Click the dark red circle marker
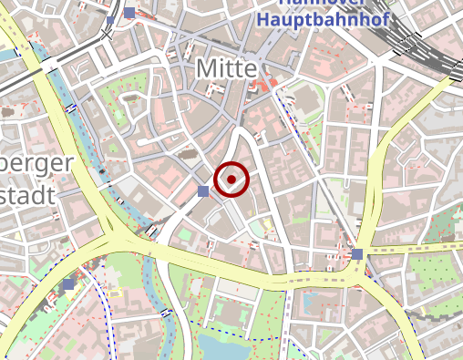pyautogui.click(x=232, y=180)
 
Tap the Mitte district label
pyautogui.click(x=228, y=67)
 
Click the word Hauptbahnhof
pyautogui.click(x=323, y=18)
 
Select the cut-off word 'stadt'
pyautogui.click(x=27, y=194)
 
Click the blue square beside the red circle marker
pyautogui.click(x=203, y=190)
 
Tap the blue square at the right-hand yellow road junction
pyautogui.click(x=357, y=253)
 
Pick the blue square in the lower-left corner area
pyautogui.click(x=69, y=284)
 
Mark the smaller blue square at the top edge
pyautogui.click(x=110, y=19)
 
